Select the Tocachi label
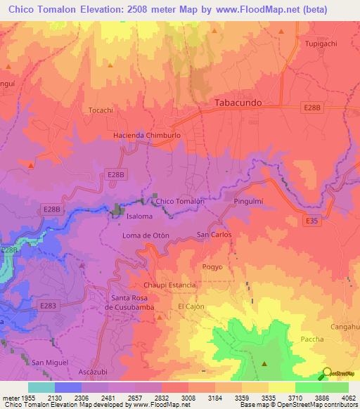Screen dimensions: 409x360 (x=101, y=110)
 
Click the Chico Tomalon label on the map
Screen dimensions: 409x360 (x=180, y=202)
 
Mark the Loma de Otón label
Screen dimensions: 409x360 (x=146, y=235)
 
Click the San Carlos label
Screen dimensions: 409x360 (x=214, y=234)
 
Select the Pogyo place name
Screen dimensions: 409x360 (x=212, y=267)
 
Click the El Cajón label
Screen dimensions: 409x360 (x=190, y=307)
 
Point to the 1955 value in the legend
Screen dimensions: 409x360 (x=28, y=397)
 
